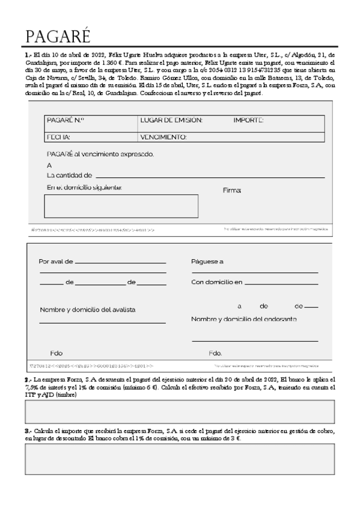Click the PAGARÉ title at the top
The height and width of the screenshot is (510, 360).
58,37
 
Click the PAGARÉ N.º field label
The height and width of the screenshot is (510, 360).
65,120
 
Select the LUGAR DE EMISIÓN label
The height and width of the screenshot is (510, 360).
171,120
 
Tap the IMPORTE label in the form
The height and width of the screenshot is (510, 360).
248,120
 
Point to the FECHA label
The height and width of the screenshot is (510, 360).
58,137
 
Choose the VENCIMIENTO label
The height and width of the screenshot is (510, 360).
163,137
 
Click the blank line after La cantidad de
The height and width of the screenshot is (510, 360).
210,176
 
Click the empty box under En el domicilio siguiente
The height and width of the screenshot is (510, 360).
121,206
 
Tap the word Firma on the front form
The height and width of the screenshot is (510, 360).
232,190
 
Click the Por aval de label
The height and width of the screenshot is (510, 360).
56,262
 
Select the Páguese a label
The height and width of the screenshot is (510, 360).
207,262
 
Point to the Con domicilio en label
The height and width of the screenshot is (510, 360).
217,281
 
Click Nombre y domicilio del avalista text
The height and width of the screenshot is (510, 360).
88,310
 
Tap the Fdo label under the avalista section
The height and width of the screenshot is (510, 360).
56,353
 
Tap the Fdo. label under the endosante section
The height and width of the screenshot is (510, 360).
215,353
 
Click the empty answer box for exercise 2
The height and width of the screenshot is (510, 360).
180,412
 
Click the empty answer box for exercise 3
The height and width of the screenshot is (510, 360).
180,459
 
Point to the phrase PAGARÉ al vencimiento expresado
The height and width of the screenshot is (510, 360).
100,154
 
